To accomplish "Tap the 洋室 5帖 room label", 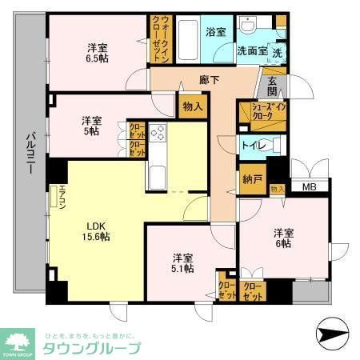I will pyautogui.click(x=90, y=126).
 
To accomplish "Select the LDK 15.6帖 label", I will pyautogui.click(x=94, y=230).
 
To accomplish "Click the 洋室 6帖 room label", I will pyautogui.click(x=283, y=238).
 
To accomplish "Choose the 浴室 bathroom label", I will pyautogui.click(x=215, y=32).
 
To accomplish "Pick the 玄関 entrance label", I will pyautogui.click(x=271, y=82).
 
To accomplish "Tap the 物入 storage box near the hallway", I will pyautogui.click(x=192, y=106).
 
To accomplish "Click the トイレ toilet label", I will pyautogui.click(x=254, y=146).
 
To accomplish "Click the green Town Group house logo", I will pyautogui.click(x=18, y=341).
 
